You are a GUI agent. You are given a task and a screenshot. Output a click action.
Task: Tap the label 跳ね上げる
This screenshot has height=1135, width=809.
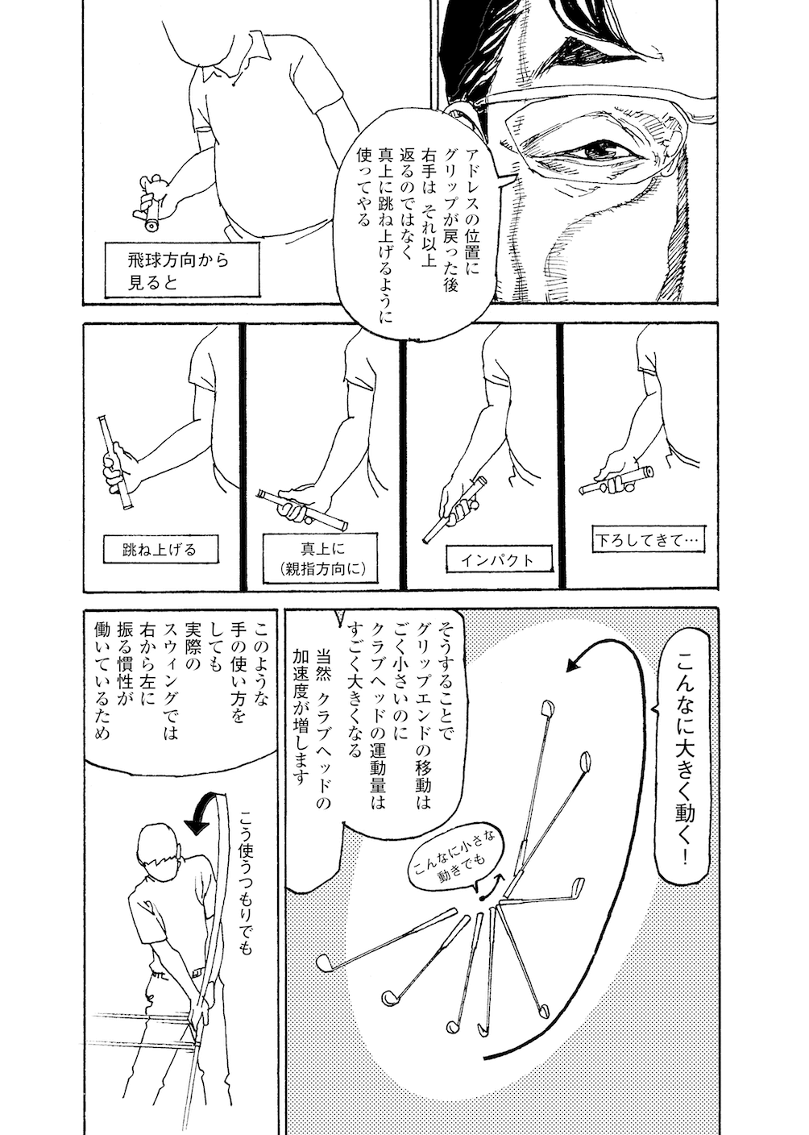160,551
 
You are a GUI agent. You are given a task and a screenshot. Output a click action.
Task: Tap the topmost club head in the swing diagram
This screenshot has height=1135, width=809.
546,709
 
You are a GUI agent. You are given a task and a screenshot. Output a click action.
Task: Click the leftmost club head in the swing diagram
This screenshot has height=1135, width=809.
325,962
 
